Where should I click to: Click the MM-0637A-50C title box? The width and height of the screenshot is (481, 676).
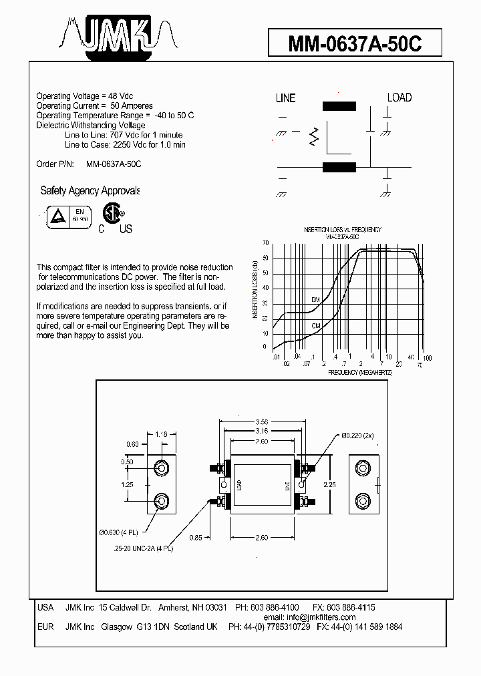pyautogui.click(x=355, y=44)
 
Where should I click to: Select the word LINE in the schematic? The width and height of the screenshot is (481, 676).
pyautogui.click(x=285, y=98)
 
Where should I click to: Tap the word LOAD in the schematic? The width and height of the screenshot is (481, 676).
pyautogui.click(x=399, y=98)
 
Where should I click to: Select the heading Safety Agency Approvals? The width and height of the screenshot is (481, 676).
pyautogui.click(x=90, y=191)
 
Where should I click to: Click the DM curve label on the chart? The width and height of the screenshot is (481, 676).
pyautogui.click(x=316, y=299)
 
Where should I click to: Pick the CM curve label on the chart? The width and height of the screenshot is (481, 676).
pyautogui.click(x=316, y=325)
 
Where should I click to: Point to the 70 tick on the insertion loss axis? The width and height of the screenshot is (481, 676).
pyautogui.click(x=265, y=243)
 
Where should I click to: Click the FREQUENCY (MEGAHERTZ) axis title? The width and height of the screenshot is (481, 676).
pyautogui.click(x=360, y=371)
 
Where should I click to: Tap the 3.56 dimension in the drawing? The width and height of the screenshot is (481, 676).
pyautogui.click(x=263, y=422)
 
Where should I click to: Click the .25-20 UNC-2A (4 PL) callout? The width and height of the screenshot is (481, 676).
pyautogui.click(x=143, y=548)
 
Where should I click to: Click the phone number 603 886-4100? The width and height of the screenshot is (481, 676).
pyautogui.click(x=275, y=607)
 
